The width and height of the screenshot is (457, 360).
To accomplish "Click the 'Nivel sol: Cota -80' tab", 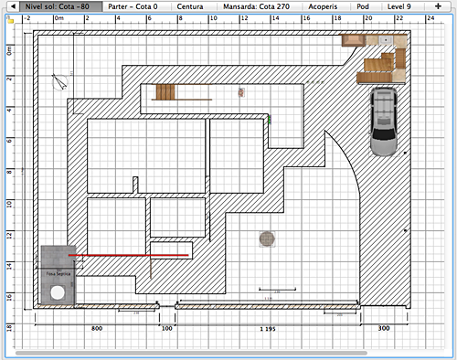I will pos(58,5).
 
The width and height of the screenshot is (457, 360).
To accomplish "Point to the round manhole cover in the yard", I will pos(266,238).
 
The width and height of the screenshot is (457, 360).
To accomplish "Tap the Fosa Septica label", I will pos(58,273).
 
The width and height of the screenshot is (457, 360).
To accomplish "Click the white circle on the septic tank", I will pos(57,292).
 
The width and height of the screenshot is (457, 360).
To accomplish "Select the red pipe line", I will pos(128,255).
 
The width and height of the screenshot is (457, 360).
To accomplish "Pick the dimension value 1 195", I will pos(268,327).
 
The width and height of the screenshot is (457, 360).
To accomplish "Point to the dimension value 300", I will pos(384,327).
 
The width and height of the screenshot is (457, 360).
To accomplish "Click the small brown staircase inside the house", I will pos(165,92).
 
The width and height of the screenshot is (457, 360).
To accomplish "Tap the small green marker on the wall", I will pos(270,118).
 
